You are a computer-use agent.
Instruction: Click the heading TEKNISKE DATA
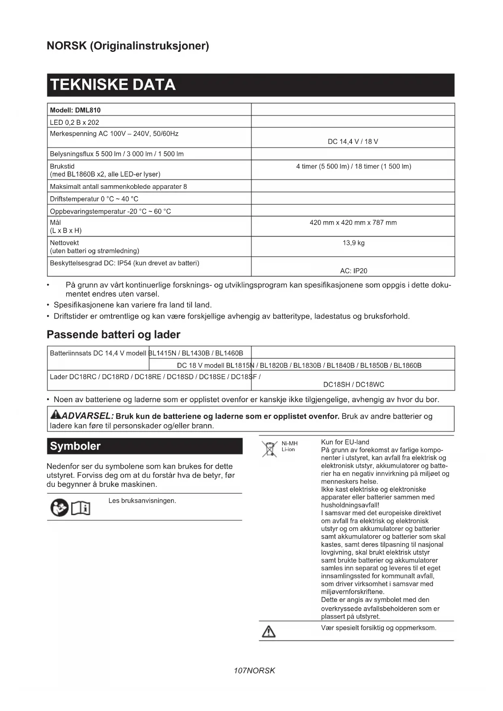(x=113, y=85)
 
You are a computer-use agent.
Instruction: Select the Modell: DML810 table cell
(x=75, y=110)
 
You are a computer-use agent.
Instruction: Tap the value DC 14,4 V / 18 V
(x=353, y=141)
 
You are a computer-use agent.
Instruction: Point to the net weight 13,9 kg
(x=353, y=243)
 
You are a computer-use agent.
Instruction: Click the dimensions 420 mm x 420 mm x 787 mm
(x=353, y=223)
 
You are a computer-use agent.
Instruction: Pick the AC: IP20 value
(x=353, y=271)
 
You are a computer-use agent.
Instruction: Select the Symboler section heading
(x=75, y=446)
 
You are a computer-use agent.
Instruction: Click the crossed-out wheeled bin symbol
(x=269, y=449)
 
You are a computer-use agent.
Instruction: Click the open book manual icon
(x=81, y=508)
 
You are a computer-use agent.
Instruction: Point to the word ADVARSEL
(x=87, y=416)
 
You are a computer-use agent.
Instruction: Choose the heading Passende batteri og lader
(x=113, y=334)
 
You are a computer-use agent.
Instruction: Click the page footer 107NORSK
(x=254, y=671)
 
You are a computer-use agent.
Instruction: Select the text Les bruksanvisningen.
(x=142, y=501)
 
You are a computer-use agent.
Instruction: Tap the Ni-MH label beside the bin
(x=289, y=443)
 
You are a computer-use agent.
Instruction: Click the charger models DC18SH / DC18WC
(x=353, y=384)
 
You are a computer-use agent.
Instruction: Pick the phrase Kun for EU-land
(x=345, y=442)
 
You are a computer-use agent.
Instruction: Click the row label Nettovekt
(x=64, y=243)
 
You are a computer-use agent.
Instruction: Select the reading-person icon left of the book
(x=59, y=508)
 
